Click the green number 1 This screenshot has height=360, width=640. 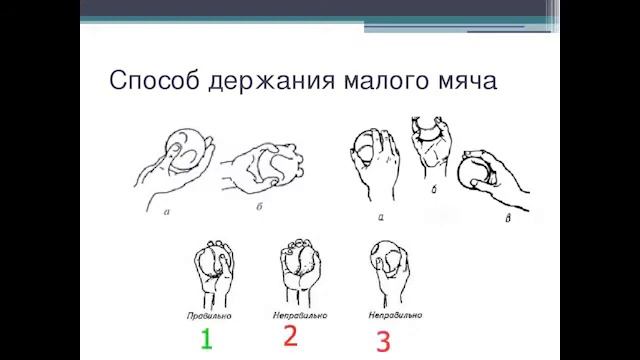[x=206, y=338]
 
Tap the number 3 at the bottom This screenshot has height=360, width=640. [x=383, y=340]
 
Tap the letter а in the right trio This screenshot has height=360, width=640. [x=382, y=213]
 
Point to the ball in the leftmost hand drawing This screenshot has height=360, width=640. [x=183, y=145]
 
